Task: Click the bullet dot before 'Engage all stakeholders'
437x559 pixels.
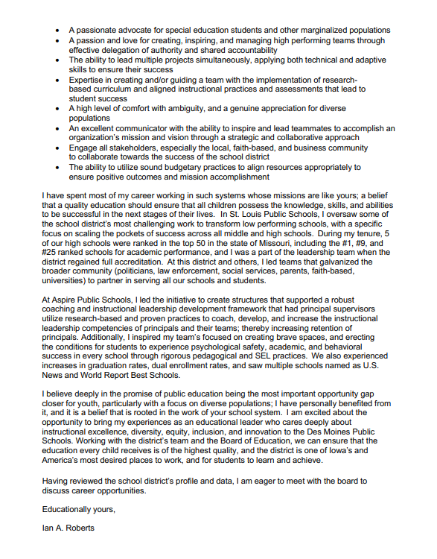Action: [x=59, y=148]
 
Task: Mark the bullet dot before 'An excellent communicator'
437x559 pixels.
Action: [x=59, y=128]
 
